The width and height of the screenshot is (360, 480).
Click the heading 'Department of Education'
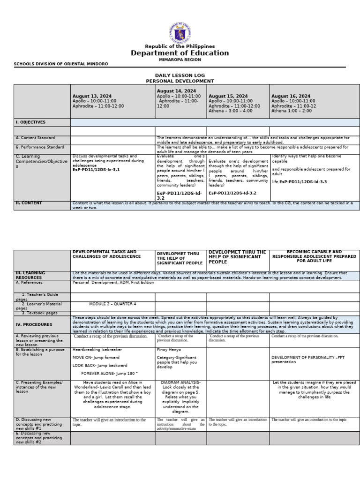tap(180, 53)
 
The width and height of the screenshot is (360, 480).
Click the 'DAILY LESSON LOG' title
tap(180, 75)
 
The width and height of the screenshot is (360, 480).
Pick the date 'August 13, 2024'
tap(92, 96)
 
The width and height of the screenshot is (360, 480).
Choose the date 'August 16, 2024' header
tap(291, 96)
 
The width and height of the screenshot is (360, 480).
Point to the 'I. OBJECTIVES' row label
tap(30, 122)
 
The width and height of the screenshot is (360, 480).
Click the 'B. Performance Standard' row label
tap(40, 147)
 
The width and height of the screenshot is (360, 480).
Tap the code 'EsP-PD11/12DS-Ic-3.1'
tap(96, 170)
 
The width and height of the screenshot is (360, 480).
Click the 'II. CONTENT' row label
tap(29, 203)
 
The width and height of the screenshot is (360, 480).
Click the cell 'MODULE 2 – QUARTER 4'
tap(112, 304)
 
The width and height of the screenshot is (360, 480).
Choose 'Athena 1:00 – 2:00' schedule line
tap(291, 111)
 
